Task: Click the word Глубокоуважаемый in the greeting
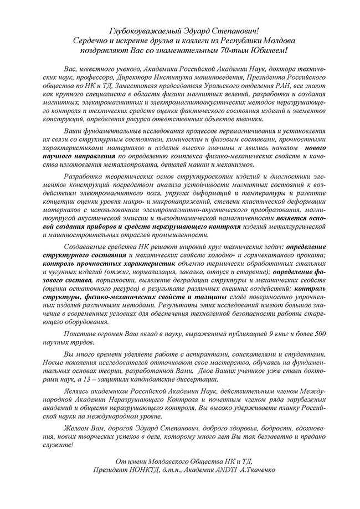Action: (136, 29)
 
